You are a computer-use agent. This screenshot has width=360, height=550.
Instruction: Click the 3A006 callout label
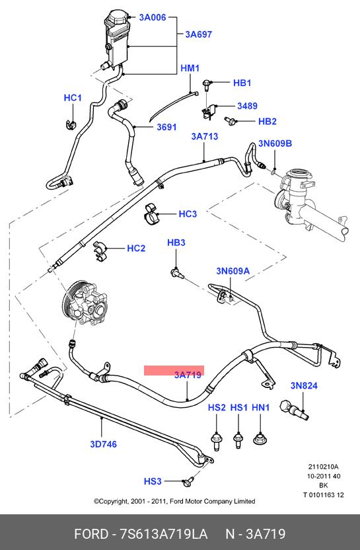[153, 17]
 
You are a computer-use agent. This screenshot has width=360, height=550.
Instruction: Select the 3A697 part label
[199, 34]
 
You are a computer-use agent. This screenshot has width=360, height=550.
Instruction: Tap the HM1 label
[190, 68]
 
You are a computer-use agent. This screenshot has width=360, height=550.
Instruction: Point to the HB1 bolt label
[242, 83]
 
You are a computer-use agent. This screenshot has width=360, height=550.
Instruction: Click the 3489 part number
[247, 106]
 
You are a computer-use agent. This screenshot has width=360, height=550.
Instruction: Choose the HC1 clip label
[73, 98]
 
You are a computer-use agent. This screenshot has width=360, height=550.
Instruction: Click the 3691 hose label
[166, 127]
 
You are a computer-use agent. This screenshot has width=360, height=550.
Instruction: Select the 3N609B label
[275, 143]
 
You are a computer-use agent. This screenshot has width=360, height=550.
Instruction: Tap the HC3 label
[188, 214]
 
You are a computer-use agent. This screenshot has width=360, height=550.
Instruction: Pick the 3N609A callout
[233, 271]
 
